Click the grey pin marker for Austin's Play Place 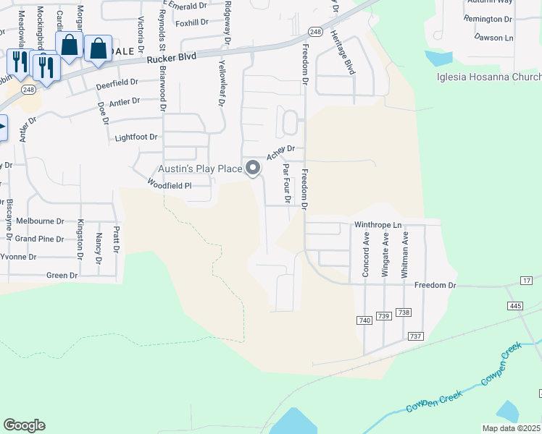tap(253, 169)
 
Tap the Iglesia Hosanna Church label tap(488, 77)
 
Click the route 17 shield tap(527, 280)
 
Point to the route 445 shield tap(515, 307)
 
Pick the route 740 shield tap(364, 320)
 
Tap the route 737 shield tap(415, 336)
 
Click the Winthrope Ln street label tap(378, 225)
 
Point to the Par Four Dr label tap(287, 183)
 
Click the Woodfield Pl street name tap(169, 185)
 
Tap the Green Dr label tap(62, 276)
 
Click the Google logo tap(24, 425)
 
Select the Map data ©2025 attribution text tap(512, 428)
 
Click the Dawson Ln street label tap(493, 36)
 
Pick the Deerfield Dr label tap(117, 85)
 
